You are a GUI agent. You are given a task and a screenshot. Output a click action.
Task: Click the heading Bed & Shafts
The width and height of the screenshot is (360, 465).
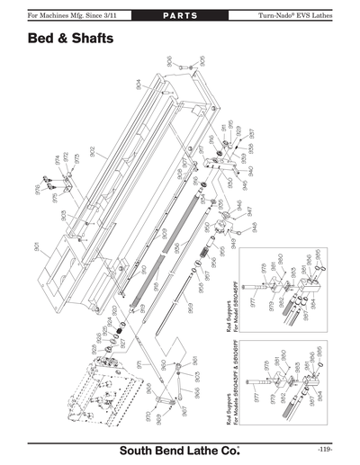coord(68,40)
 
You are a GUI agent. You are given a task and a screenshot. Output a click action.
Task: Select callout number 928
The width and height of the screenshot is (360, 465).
coord(91,348)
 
